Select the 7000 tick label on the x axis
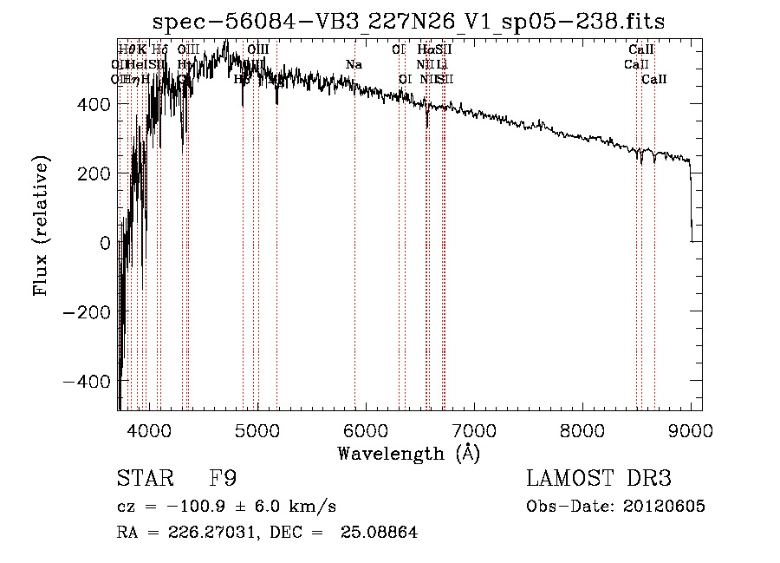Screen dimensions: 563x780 click(474, 430)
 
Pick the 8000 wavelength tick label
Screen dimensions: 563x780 click(582, 430)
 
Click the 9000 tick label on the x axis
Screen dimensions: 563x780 click(691, 430)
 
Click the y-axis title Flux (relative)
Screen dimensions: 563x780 click(42, 226)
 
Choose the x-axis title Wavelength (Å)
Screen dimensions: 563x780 click(408, 454)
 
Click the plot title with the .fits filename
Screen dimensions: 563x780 click(408, 22)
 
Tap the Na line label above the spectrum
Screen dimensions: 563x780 click(354, 65)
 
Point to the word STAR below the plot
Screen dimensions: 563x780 click(143, 479)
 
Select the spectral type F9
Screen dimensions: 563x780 click(223, 479)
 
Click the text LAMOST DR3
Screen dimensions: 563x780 click(599, 479)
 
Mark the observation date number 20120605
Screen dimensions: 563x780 click(664, 507)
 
